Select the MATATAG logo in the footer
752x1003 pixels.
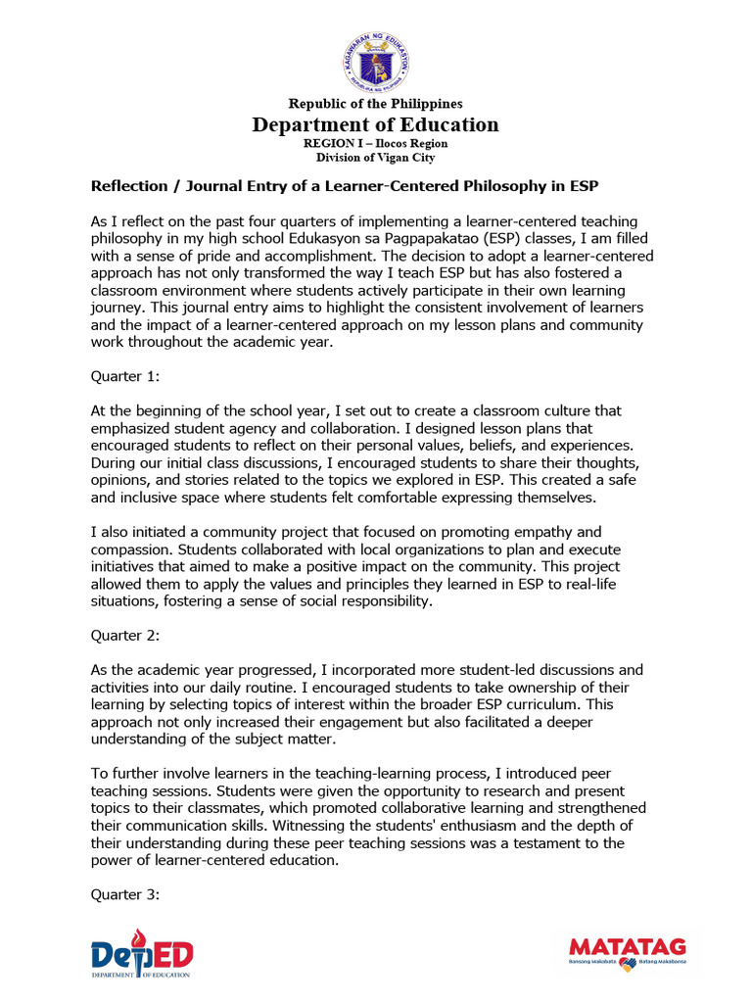(628, 951)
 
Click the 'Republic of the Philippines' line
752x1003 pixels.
(375, 104)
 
